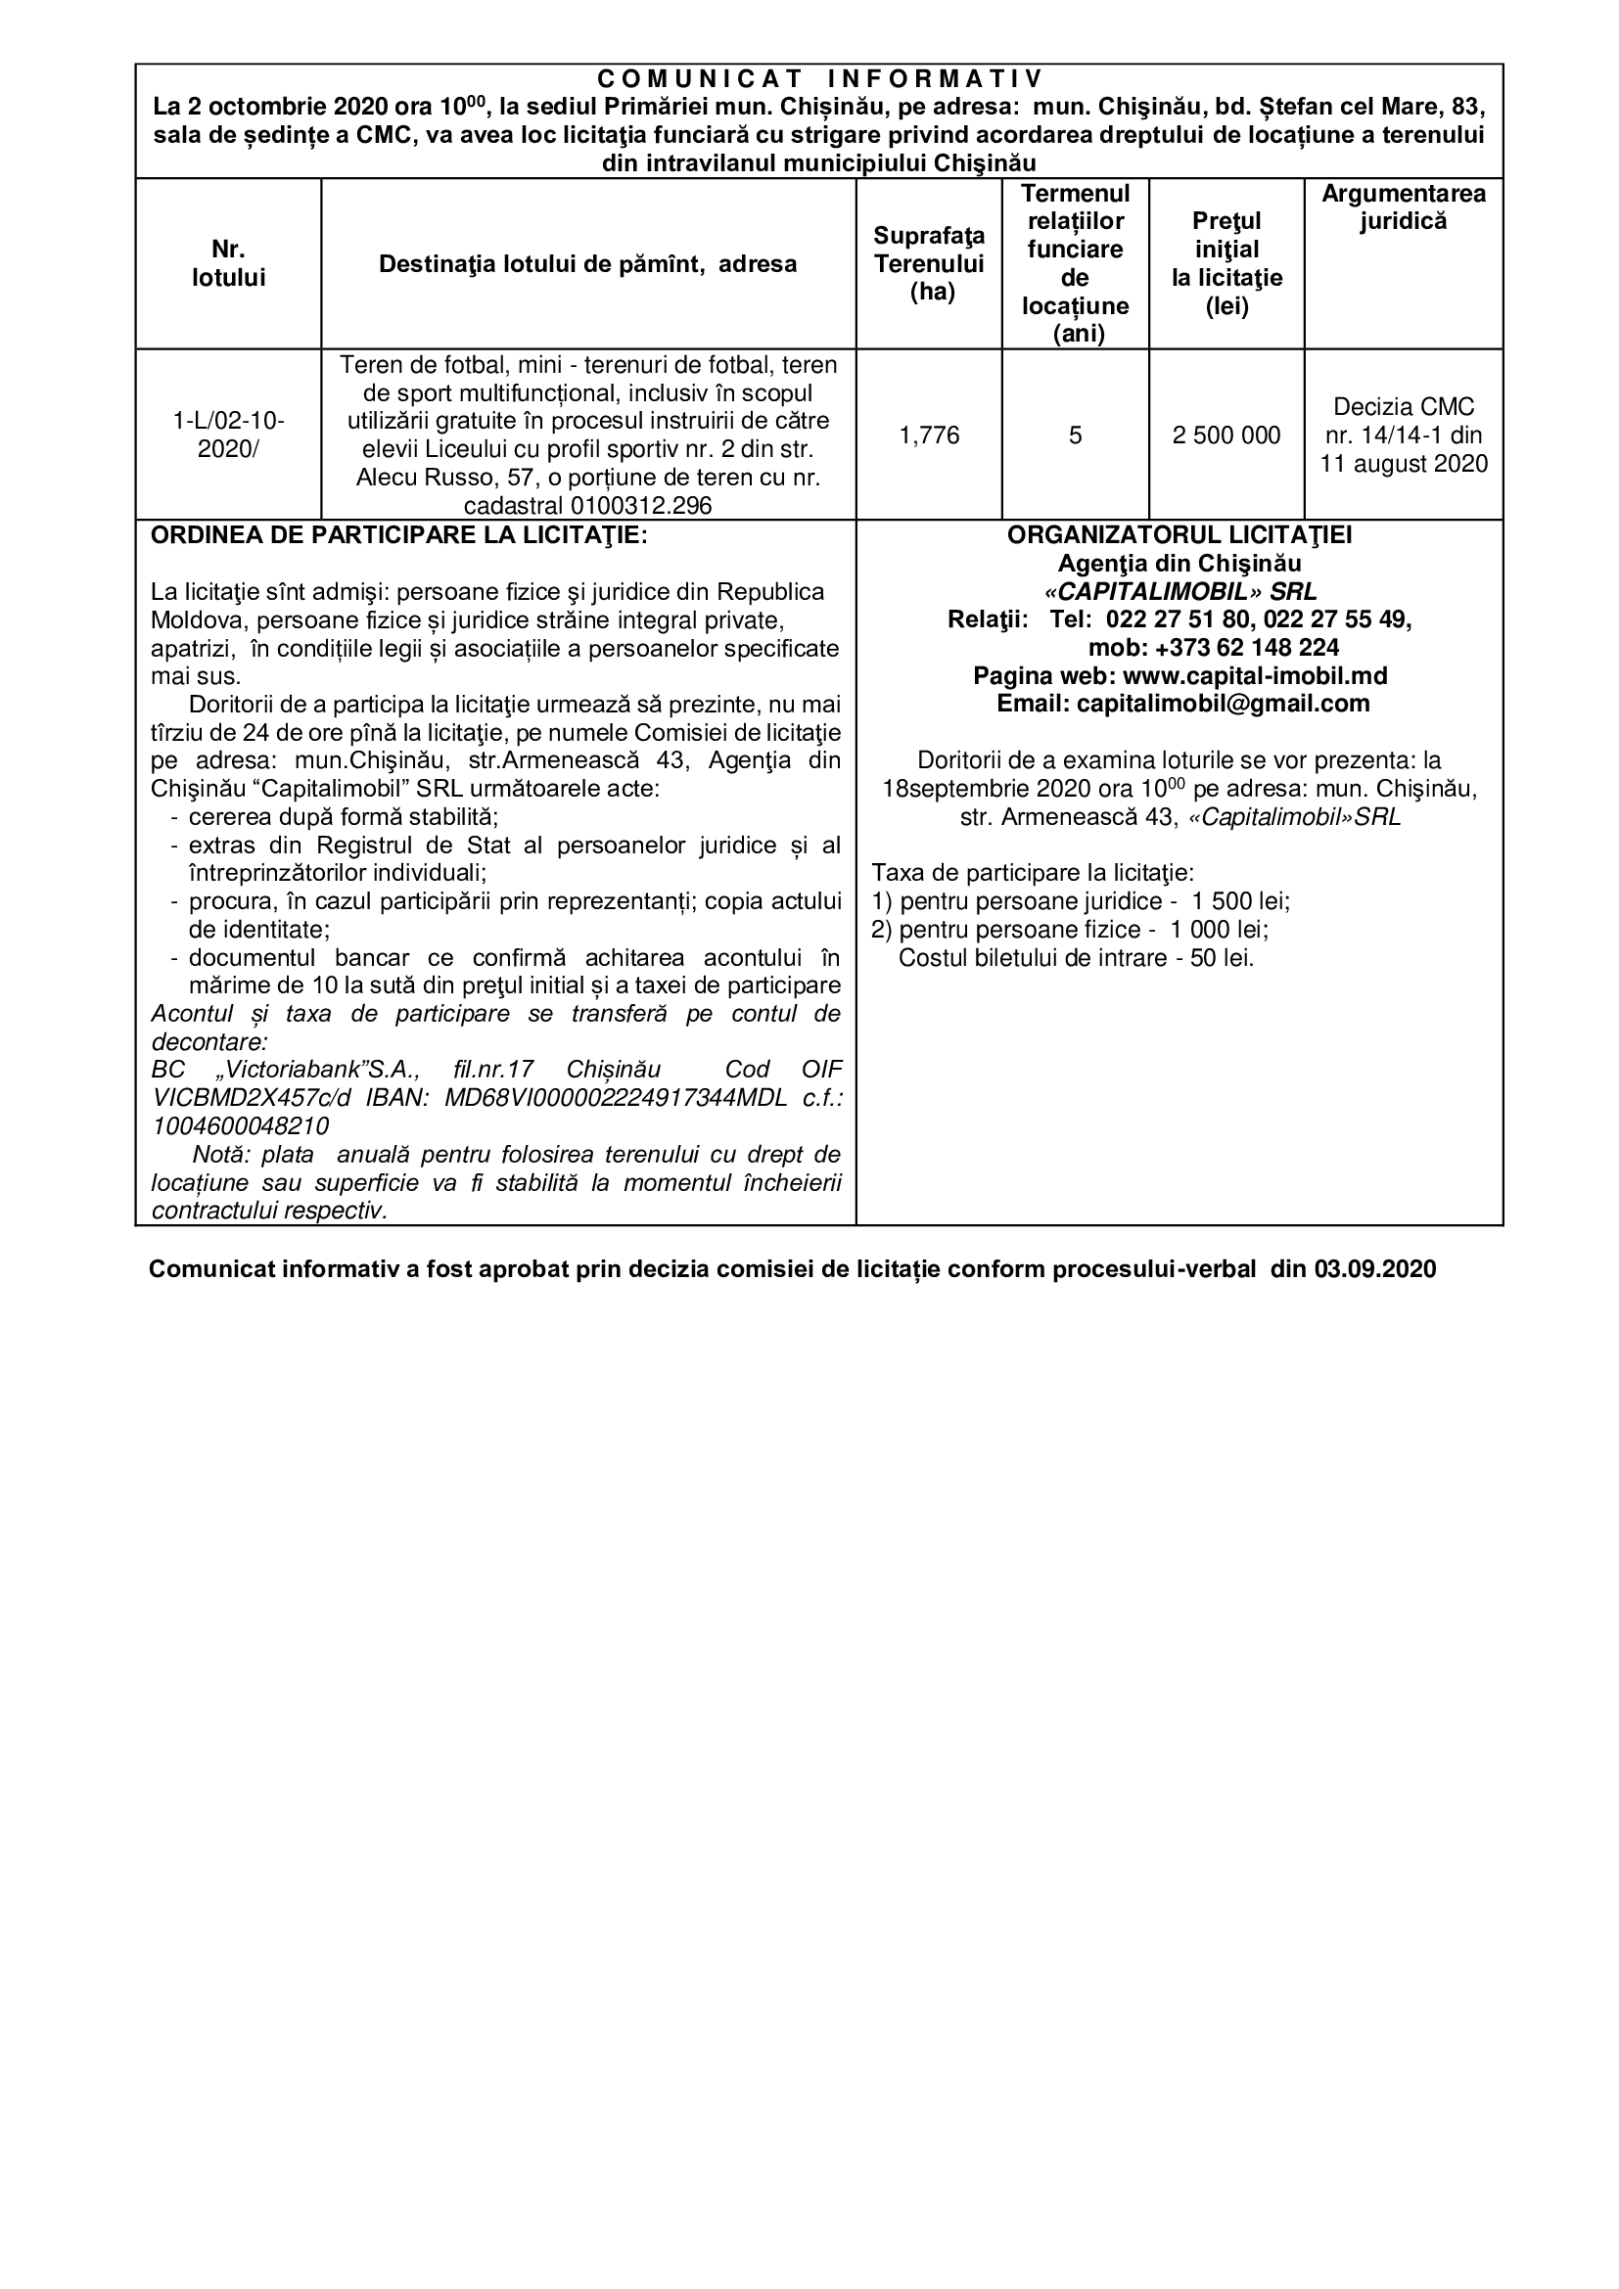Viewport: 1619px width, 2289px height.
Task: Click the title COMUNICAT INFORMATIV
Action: [818, 77]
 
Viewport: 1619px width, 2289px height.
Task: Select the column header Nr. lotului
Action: [228, 263]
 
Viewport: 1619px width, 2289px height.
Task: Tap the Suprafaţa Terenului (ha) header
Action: [929, 263]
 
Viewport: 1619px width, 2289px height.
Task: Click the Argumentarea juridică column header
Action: [1403, 207]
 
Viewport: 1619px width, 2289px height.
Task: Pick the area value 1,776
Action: [929, 435]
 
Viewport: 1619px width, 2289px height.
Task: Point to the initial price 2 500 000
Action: [1226, 435]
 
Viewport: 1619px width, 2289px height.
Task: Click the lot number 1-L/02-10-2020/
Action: [228, 435]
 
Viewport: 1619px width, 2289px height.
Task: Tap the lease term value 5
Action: [1075, 435]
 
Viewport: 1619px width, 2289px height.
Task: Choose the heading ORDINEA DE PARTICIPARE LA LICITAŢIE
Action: [398, 535]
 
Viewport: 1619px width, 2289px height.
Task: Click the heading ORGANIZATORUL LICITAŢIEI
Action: [1180, 535]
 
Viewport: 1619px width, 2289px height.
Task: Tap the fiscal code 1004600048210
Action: [240, 1125]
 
